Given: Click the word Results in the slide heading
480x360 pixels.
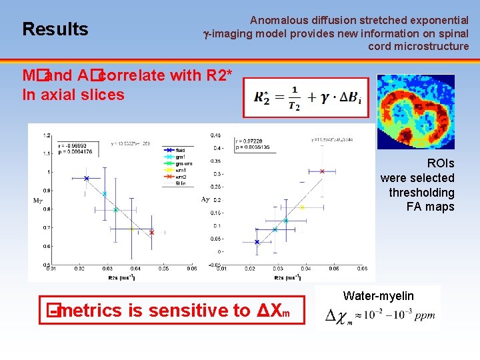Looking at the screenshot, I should click(55, 29).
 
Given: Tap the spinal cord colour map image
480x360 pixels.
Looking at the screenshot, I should click(415, 111).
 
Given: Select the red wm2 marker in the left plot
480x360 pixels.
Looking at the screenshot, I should click(151, 233).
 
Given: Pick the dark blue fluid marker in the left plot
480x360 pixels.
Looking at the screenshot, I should click(87, 178).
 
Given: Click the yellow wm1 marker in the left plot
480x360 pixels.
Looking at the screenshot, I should click(132, 229).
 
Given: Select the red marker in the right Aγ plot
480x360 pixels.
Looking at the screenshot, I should click(322, 171).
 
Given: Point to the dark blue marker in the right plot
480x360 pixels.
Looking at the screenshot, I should click(257, 243).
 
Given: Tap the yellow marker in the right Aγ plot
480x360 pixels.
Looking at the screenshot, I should click(302, 207).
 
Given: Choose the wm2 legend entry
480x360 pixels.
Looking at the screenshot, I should click(179, 177).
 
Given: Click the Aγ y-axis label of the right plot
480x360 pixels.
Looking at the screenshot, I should click(205, 199).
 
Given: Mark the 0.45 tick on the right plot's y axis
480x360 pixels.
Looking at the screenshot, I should click(216, 135).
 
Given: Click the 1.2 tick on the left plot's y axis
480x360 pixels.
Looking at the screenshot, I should click(46, 135).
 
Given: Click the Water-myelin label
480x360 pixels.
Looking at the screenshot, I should click(378, 296).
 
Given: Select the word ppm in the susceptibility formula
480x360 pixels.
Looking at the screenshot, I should click(423, 316).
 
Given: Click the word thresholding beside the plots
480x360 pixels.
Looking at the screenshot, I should click(421, 193).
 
